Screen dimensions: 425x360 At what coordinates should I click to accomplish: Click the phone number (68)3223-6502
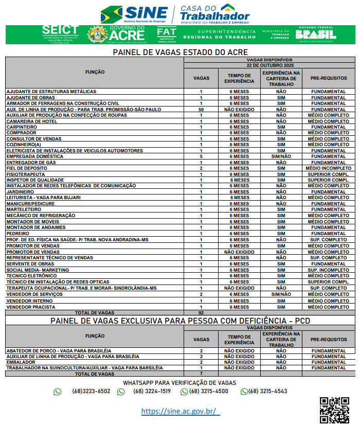[x=91, y=392]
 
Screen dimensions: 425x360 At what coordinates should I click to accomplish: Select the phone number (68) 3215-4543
[x=267, y=392]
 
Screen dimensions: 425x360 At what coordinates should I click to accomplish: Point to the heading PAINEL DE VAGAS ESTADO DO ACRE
[x=180, y=52]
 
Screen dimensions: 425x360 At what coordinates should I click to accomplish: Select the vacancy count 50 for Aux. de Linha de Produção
[x=201, y=109]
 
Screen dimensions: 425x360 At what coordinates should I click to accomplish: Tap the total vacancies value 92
[x=201, y=312]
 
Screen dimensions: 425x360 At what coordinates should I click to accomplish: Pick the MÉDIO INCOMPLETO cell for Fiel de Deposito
[x=328, y=168]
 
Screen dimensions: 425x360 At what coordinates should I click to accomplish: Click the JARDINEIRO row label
[x=21, y=192]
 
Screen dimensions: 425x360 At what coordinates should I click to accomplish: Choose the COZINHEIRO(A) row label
[x=24, y=145]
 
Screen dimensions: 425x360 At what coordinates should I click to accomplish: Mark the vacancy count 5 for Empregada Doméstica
[x=201, y=156]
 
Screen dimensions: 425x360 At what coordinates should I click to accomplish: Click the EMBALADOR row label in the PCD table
[x=21, y=362]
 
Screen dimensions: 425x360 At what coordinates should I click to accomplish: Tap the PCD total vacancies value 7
[x=201, y=374]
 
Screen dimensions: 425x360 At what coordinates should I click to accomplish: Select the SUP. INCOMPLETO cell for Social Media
[x=328, y=270]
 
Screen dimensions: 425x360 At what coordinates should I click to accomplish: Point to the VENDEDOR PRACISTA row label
[x=30, y=307]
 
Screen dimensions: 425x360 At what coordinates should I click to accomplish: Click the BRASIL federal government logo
[x=316, y=34]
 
